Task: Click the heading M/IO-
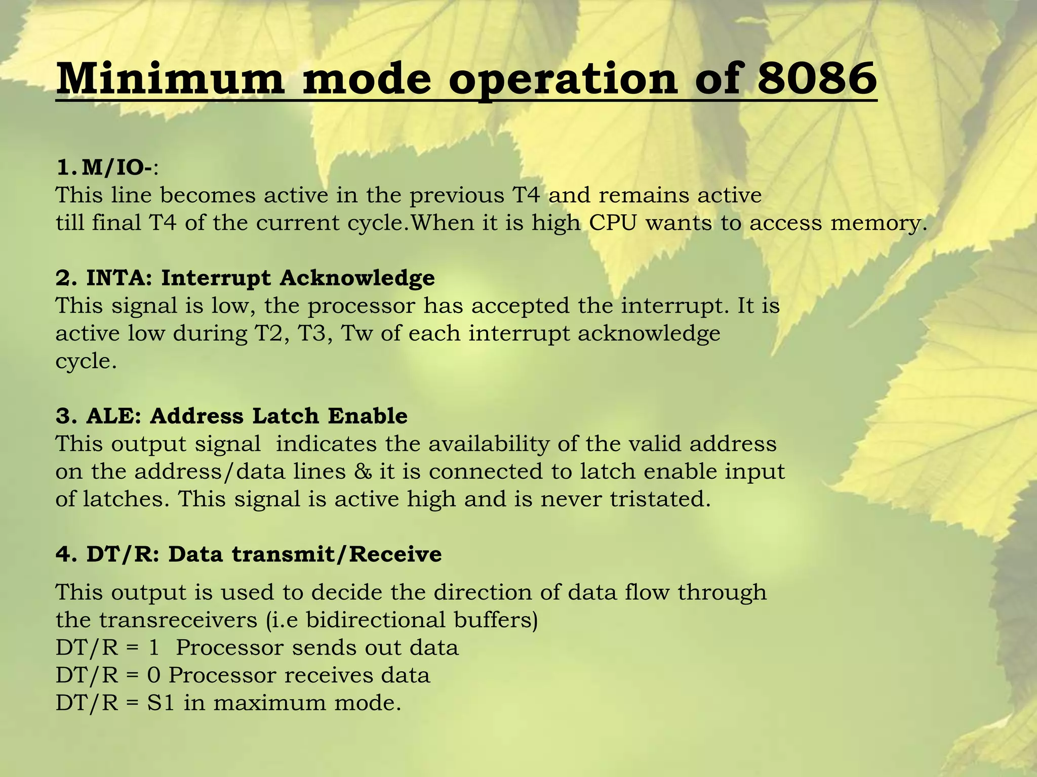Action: tap(117, 167)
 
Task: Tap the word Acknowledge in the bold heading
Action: tap(357, 278)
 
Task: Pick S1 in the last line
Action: tap(161, 703)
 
